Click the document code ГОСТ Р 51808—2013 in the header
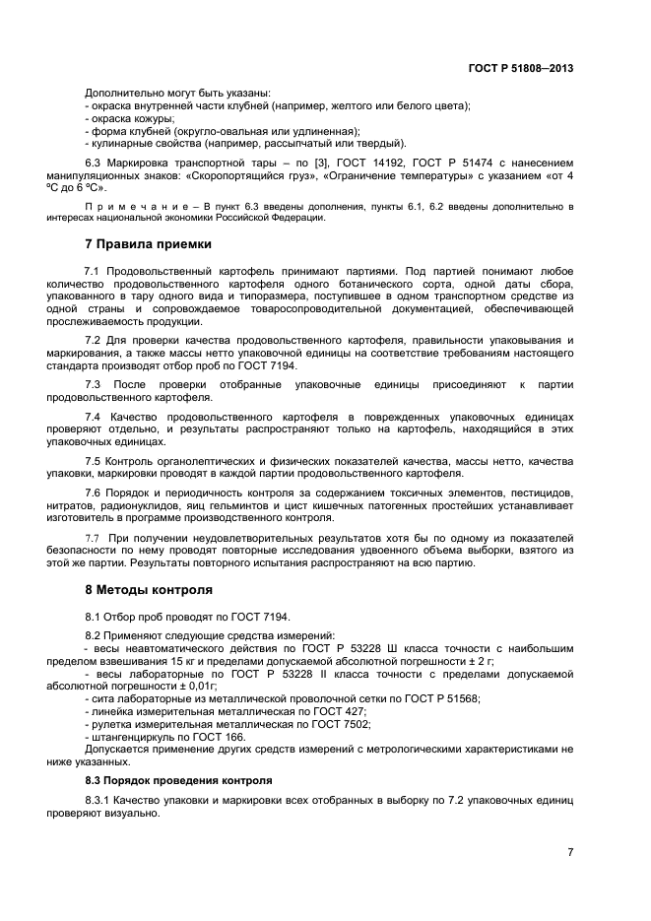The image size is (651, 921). (521, 69)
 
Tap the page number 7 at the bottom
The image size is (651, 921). (570, 852)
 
